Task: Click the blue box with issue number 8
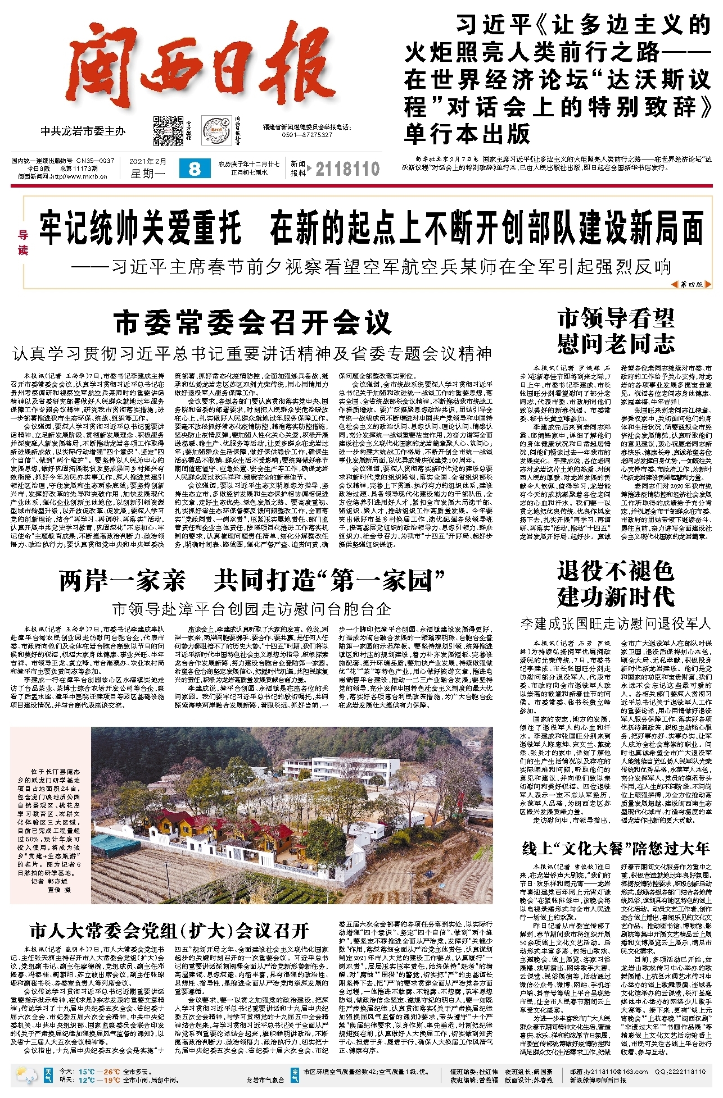(195, 168)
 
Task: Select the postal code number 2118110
(347, 169)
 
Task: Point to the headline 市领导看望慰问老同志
(616, 331)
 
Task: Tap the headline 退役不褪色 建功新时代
(616, 584)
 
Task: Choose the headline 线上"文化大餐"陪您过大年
(616, 848)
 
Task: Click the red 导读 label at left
(23, 243)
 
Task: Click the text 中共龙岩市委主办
(83, 131)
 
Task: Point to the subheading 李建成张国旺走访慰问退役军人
(616, 623)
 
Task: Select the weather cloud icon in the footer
(27, 1075)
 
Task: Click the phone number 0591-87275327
(307, 135)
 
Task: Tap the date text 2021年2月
(148, 162)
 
